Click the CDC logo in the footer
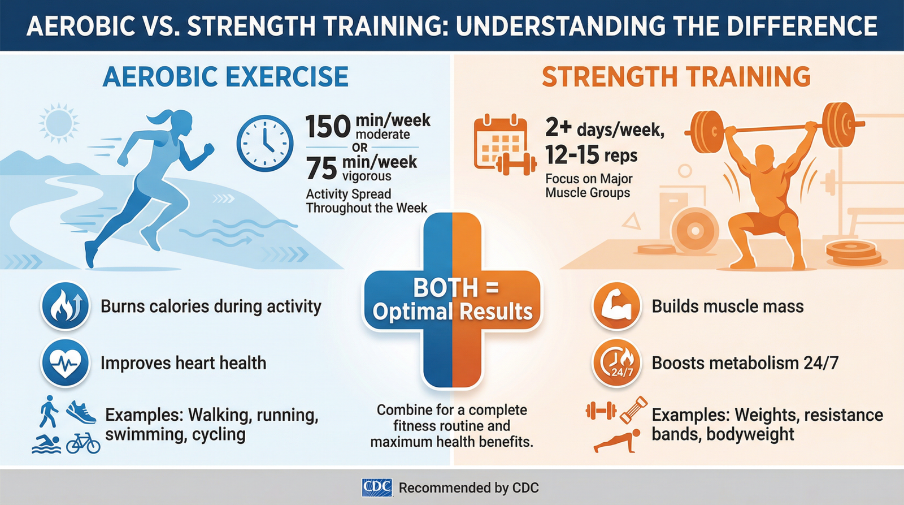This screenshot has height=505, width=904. pyautogui.click(x=377, y=487)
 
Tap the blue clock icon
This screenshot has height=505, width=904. pyautogui.click(x=264, y=143)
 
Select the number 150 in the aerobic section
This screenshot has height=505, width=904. pyautogui.click(x=328, y=127)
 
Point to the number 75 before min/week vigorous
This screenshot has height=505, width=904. pyautogui.click(x=321, y=169)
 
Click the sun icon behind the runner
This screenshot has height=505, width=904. pyautogui.click(x=59, y=122)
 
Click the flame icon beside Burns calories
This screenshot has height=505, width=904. pyautogui.click(x=66, y=306)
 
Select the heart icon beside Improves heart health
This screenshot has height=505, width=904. pyautogui.click(x=66, y=363)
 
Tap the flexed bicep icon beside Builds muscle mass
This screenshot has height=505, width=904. pyautogui.click(x=616, y=306)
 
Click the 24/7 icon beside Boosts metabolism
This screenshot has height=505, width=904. pyautogui.click(x=616, y=363)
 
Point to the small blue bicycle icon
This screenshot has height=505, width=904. pyautogui.click(x=83, y=443)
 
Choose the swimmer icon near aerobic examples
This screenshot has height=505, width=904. pyautogui.click(x=46, y=444)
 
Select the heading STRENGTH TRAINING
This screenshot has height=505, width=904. pyautogui.click(x=676, y=77)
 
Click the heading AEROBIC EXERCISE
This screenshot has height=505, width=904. pyautogui.click(x=225, y=77)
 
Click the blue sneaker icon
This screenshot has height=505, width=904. pyautogui.click(x=81, y=412)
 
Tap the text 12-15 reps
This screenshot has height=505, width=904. pyautogui.click(x=591, y=154)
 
